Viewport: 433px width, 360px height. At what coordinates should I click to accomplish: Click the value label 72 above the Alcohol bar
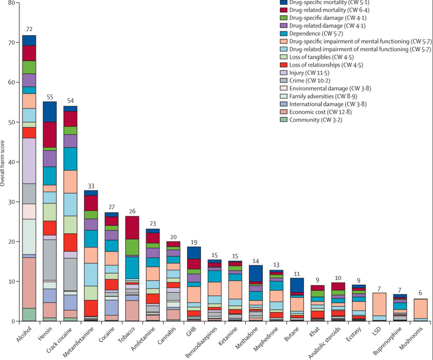(29, 29)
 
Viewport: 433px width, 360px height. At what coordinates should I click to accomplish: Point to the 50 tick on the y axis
(12, 122)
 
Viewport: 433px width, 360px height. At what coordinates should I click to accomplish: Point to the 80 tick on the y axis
(12, 3)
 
